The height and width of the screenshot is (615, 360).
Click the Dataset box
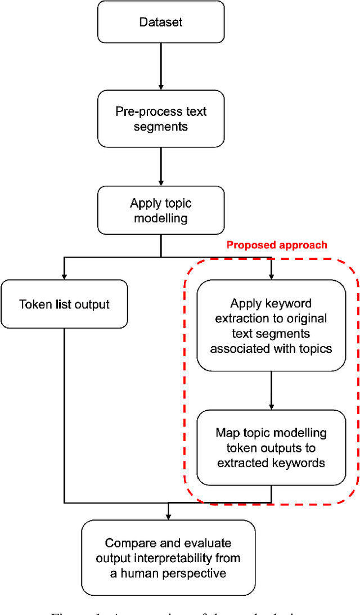[x=161, y=23]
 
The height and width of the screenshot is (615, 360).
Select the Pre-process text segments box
[x=161, y=119]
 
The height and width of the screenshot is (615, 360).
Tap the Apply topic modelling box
[x=161, y=210]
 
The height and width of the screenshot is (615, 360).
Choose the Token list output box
[x=64, y=304]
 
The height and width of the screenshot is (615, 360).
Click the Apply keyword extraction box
[x=271, y=326]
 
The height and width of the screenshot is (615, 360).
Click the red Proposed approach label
[x=276, y=245]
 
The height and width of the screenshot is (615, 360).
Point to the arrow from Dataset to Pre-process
[x=161, y=66]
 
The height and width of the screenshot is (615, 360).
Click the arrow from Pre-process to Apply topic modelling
[x=161, y=167]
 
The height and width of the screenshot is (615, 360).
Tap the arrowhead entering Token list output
[x=64, y=276]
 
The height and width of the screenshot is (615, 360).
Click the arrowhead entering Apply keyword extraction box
[x=271, y=276]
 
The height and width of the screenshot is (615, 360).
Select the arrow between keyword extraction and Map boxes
[x=271, y=390]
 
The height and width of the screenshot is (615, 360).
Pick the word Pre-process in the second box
[x=142, y=111]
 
